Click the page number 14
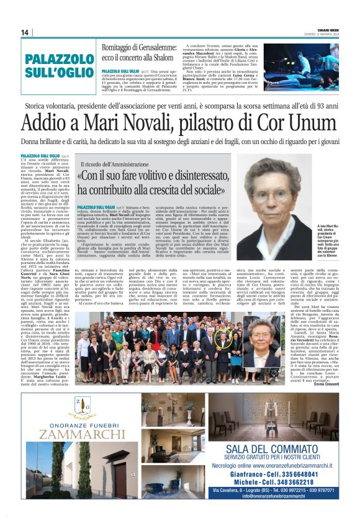pos(25,32)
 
